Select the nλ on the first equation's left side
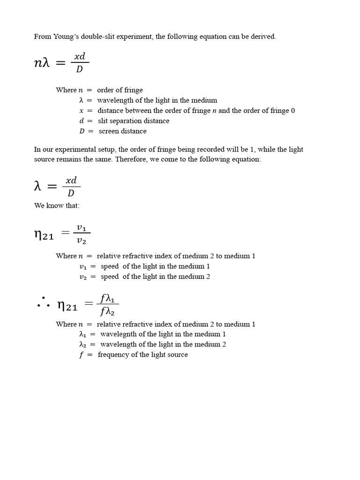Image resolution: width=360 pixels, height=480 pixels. coord(42,63)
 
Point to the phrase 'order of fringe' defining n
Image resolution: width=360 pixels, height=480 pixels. coord(120,90)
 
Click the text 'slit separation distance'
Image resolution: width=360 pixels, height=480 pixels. coord(134,121)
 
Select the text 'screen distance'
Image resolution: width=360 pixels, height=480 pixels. coord(122,131)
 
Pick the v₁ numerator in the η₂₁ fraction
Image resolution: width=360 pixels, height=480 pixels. coord(82,228)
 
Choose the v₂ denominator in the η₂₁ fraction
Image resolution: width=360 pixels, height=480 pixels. coord(82,241)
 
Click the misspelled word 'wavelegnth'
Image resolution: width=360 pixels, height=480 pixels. coord(120,334)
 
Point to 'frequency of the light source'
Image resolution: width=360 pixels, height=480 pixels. coord(142,355)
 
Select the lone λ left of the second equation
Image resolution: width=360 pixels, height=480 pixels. coord(38,186)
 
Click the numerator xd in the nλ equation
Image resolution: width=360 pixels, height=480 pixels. coord(80,56)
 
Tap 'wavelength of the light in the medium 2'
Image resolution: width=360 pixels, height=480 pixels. coord(163,345)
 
